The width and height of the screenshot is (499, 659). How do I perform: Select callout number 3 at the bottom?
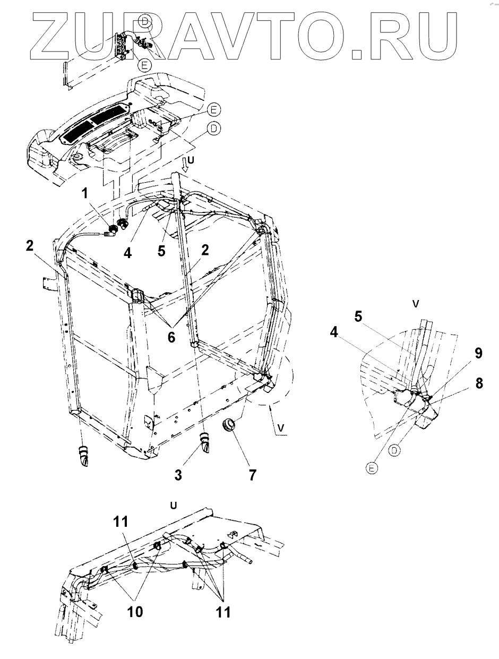point(179,474)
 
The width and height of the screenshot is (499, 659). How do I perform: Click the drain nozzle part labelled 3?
point(204,442)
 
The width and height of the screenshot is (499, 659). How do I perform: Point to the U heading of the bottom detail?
point(173,504)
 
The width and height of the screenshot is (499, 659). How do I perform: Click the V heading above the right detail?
point(416,303)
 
